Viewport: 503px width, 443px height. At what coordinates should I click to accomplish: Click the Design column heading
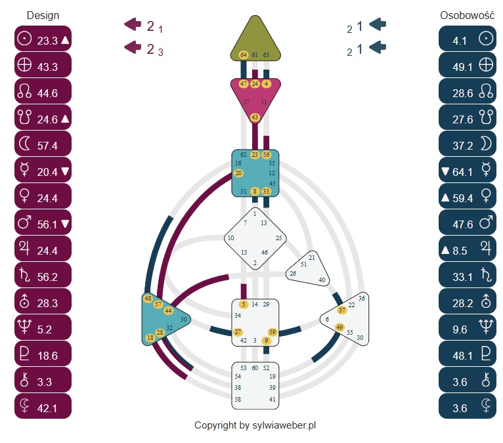[x=43, y=15]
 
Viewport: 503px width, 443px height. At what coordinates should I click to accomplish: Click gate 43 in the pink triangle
[x=255, y=117]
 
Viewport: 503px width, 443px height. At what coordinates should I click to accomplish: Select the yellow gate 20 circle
[x=238, y=173]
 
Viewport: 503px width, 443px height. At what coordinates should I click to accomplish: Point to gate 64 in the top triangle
[x=244, y=54]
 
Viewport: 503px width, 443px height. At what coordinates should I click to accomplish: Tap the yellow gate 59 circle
[x=273, y=332]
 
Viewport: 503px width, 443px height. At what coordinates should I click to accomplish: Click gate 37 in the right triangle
[x=341, y=310]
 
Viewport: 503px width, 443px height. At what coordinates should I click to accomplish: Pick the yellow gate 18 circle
[x=150, y=338]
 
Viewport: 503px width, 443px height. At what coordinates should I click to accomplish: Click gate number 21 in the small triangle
[x=312, y=257]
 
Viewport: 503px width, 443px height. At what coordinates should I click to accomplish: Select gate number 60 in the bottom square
[x=255, y=368]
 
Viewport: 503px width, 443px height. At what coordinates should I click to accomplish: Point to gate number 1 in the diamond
[x=255, y=213]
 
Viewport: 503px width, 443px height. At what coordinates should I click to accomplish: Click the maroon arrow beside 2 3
[x=133, y=47]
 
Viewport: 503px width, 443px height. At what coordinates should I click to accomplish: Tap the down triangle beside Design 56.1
[x=65, y=224]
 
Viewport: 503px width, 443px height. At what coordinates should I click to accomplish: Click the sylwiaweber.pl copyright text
[x=255, y=425]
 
